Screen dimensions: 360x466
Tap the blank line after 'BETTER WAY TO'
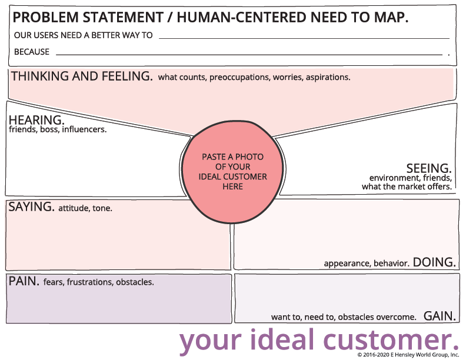click(x=304, y=36)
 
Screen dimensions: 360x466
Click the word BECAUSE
click(x=32, y=52)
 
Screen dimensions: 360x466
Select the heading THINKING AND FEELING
click(x=82, y=76)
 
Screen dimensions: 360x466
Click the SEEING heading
click(x=429, y=168)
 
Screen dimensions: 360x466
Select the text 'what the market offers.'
click(x=407, y=186)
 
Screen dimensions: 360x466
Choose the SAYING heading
click(x=31, y=207)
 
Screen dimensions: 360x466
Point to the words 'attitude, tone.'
click(x=85, y=208)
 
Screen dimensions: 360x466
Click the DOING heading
click(x=434, y=262)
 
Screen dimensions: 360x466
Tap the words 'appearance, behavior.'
click(x=366, y=264)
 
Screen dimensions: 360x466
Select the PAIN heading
click(x=24, y=281)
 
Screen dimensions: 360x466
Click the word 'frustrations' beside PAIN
click(x=89, y=282)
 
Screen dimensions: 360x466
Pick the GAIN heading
click(x=440, y=316)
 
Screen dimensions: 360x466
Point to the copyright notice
click(x=408, y=355)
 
